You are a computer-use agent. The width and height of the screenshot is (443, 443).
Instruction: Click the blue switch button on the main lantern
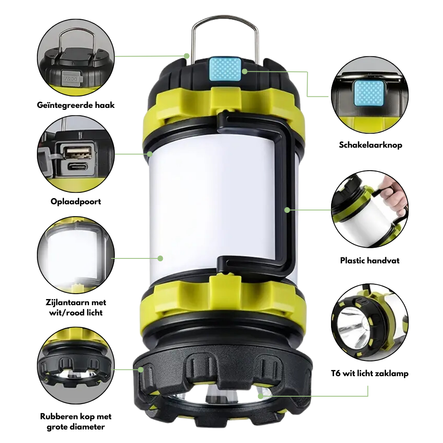pos(224,69)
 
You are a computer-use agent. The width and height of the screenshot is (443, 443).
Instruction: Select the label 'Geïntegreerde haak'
pos(75,105)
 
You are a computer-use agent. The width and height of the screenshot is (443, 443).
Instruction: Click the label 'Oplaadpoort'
pos(75,201)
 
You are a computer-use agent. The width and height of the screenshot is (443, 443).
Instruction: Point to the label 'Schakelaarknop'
pos(370,145)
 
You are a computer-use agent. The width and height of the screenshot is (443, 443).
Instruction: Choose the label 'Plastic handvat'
pos(370,260)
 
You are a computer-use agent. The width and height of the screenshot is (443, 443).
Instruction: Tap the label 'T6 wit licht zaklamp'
pos(370,373)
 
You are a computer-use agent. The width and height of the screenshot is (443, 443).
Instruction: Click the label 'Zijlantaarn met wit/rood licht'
pos(76,308)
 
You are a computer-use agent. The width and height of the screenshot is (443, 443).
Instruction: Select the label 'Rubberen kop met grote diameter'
pos(75,422)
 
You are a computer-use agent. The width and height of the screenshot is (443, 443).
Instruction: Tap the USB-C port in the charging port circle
pos(78,167)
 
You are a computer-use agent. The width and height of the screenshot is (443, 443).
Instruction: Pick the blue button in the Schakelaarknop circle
pos(369,92)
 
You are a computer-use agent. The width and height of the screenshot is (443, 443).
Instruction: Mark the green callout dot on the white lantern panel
pos(160,258)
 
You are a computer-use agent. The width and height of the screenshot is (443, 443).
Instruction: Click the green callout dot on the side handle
pos(287,210)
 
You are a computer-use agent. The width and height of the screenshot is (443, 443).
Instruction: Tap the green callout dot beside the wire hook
pos(187,55)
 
